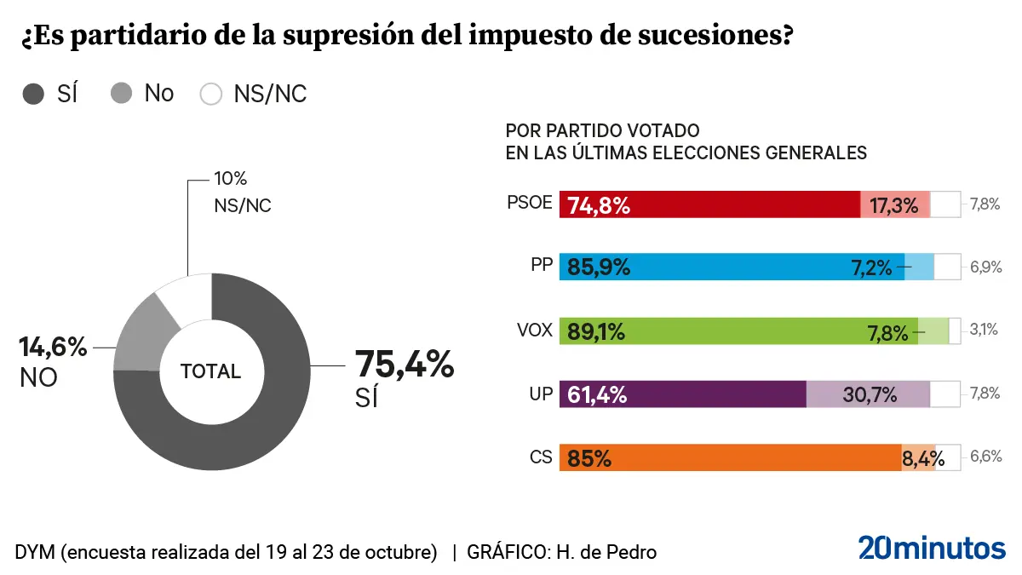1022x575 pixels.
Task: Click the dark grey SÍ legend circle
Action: (34, 94)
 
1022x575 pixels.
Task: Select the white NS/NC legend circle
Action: (210, 94)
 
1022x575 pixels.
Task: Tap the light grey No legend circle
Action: (122, 94)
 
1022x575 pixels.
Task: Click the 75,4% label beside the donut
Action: (405, 365)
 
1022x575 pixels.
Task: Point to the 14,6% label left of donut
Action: (53, 348)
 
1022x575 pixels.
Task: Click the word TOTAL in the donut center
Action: (210, 371)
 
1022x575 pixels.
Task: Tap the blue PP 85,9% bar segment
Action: (732, 267)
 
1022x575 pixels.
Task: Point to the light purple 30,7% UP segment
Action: (868, 394)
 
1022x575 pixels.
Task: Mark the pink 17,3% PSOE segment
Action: (894, 204)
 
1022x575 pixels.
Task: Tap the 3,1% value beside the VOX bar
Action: (984, 330)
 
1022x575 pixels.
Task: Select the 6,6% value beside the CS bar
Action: (985, 457)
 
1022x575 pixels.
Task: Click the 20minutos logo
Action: (931, 548)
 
